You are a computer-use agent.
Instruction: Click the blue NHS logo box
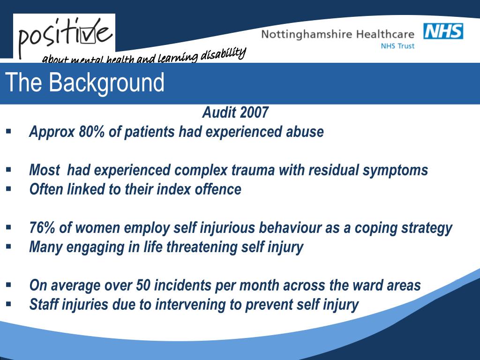pos(443,31)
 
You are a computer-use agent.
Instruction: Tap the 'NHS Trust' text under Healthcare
pos(397,46)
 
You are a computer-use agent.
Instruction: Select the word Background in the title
pos(106,82)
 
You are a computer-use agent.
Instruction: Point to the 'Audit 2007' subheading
pos(235,112)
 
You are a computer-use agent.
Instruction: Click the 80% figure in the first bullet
pos(92,132)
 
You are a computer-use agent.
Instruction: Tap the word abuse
pos(305,132)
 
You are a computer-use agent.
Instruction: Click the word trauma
pos(253,170)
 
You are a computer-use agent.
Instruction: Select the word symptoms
pos(395,170)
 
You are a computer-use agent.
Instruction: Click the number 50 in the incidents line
pos(142,285)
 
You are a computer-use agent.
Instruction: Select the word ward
pos(370,285)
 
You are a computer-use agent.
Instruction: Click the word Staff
pos(44,305)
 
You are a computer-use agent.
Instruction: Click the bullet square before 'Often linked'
pos(8,188)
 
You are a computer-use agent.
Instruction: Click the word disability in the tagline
pos(224,54)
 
